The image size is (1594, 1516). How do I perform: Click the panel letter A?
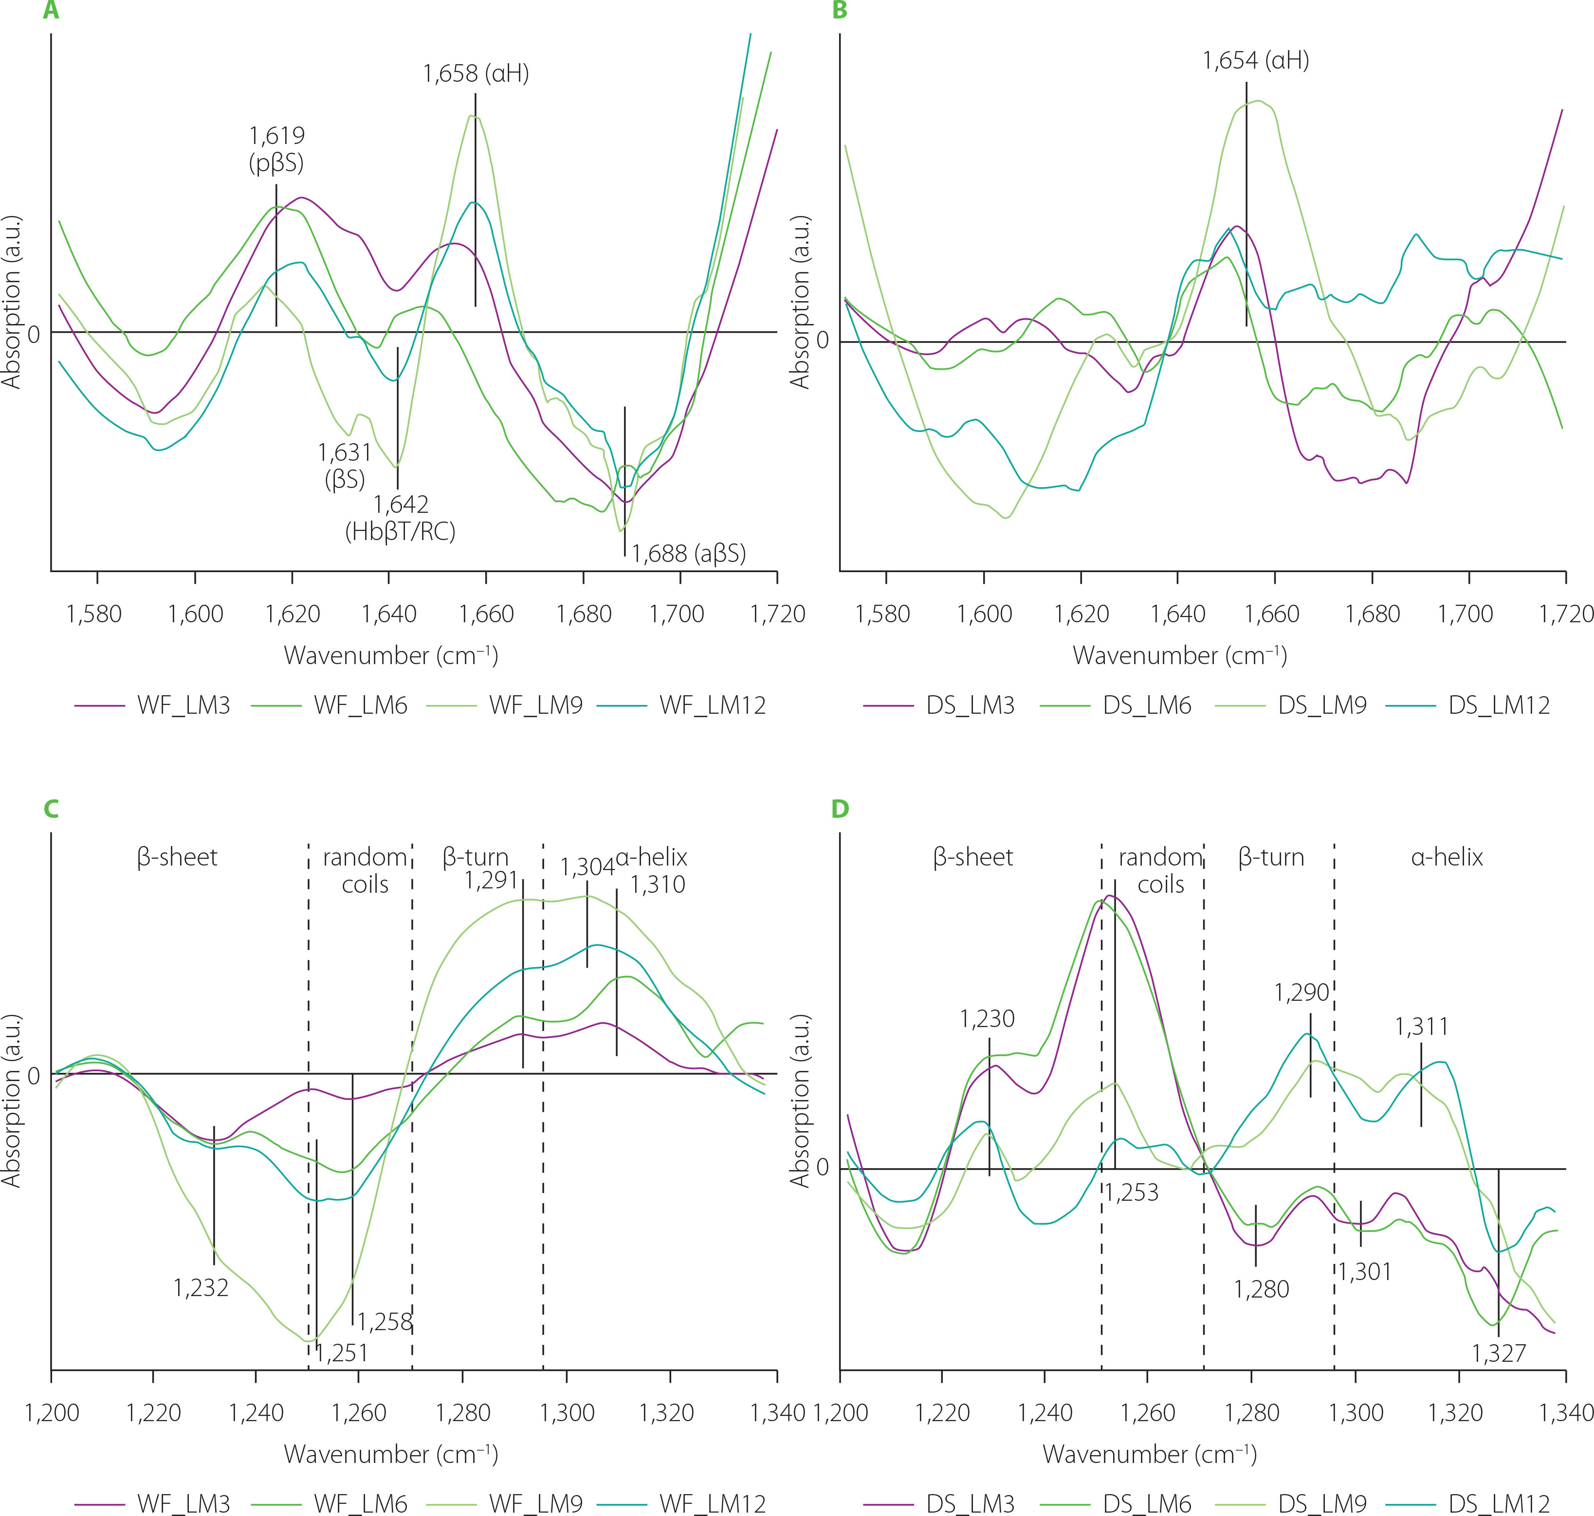[51, 11]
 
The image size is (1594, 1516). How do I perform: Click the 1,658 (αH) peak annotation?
[476, 73]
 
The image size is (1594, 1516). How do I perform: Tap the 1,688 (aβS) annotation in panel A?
[688, 554]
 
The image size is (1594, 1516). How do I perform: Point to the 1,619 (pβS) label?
[276, 149]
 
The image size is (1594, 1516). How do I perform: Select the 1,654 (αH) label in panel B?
[1255, 61]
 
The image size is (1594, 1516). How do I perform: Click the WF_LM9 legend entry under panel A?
[535, 705]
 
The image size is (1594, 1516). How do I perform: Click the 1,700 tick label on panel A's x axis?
[677, 614]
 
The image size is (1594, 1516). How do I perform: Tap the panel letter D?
[840, 809]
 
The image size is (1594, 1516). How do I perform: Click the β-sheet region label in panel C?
[177, 857]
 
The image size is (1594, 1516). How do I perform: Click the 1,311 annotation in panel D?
[1421, 1027]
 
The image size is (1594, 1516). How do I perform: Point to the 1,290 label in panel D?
[1301, 993]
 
